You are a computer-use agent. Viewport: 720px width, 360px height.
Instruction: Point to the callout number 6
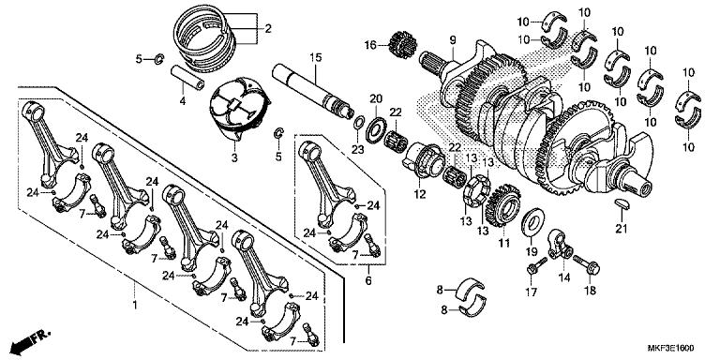coord(368,279)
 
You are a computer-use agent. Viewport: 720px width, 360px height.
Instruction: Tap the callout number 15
coord(315,58)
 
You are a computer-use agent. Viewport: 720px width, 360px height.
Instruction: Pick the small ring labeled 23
coord(359,123)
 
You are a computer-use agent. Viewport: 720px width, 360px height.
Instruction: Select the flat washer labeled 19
coord(531,223)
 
